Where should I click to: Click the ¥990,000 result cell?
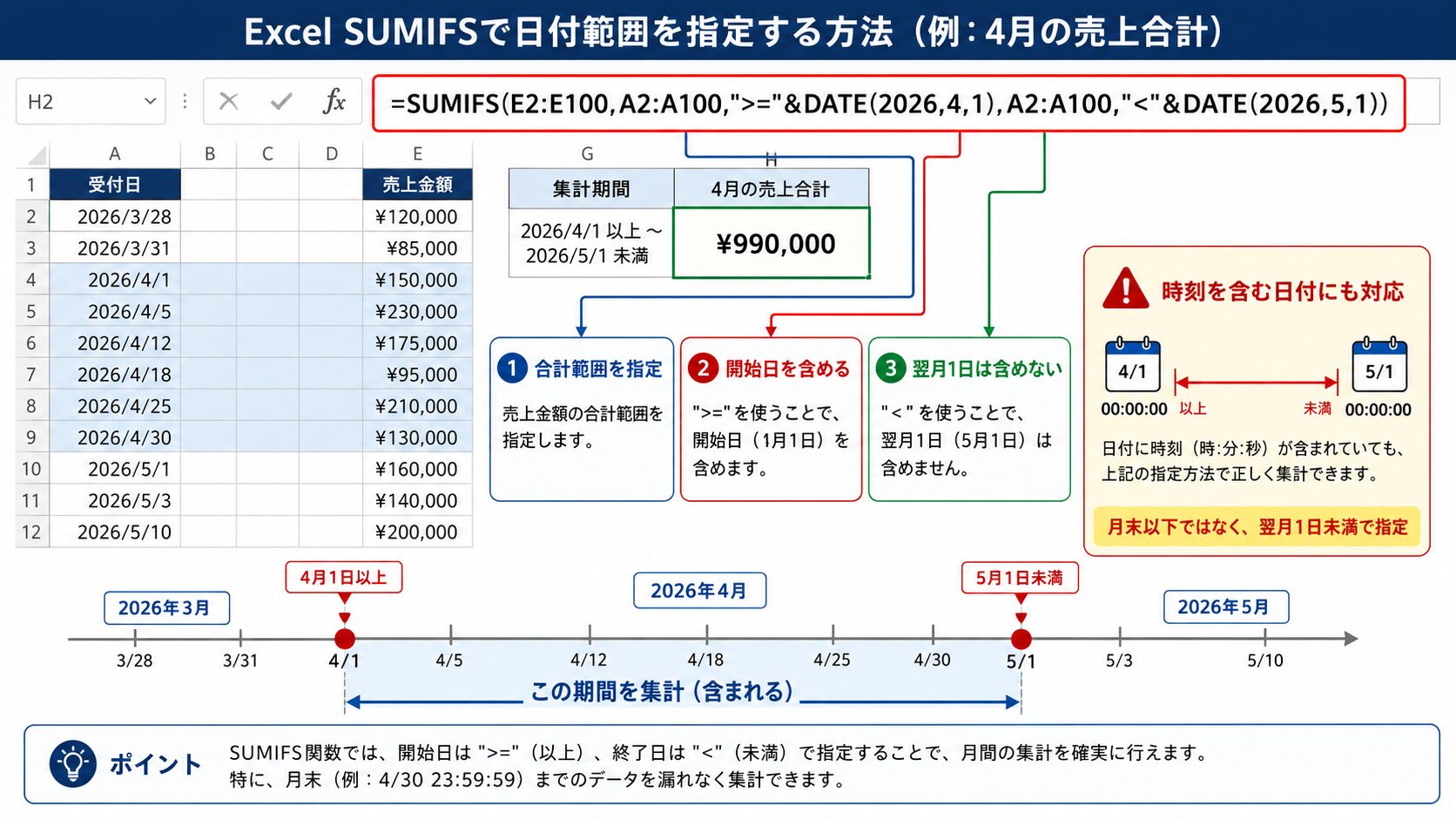click(x=772, y=243)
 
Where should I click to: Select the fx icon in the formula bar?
click(x=334, y=101)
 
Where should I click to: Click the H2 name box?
click(x=91, y=101)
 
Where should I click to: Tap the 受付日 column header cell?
click(x=115, y=185)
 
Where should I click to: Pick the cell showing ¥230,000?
click(x=417, y=311)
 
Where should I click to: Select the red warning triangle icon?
click(x=1126, y=288)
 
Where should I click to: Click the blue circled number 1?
click(x=512, y=369)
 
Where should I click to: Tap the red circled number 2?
click(x=703, y=369)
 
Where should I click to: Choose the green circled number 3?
click(x=891, y=369)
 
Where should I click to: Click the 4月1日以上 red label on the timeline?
click(x=344, y=578)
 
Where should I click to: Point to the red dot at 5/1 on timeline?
click(x=1021, y=640)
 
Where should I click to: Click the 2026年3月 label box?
click(x=167, y=608)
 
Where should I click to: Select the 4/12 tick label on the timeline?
click(x=589, y=660)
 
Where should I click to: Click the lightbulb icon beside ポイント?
click(x=73, y=763)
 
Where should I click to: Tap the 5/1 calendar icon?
click(x=1379, y=365)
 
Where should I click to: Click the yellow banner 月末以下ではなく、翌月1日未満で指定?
click(x=1257, y=526)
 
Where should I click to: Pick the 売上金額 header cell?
click(x=417, y=185)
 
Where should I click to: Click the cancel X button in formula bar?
click(x=229, y=101)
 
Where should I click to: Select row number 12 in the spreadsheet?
click(x=32, y=532)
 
